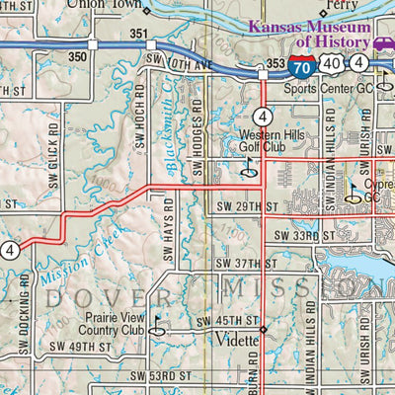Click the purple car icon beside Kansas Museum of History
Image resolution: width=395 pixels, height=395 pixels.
[383, 42]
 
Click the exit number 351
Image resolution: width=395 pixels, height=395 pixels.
[138, 36]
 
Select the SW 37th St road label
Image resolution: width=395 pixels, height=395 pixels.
[245, 263]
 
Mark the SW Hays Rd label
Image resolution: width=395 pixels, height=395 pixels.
[169, 229]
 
